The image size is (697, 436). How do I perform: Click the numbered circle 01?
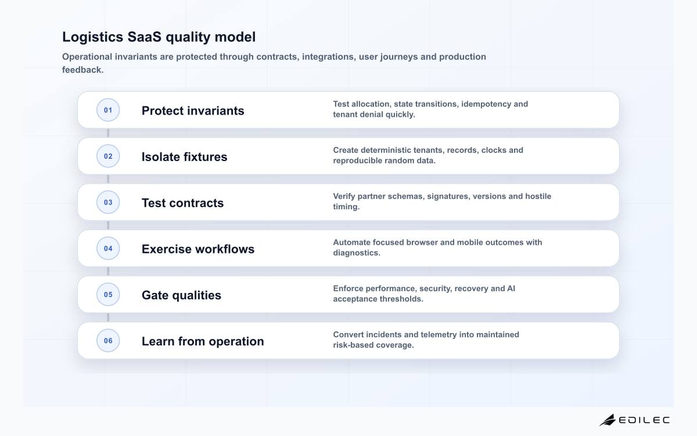[108, 110]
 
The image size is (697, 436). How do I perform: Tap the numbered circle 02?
[108, 156]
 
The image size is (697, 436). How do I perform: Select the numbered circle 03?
[108, 202]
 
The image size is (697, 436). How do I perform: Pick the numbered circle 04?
[108, 248]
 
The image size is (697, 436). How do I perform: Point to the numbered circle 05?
[108, 294]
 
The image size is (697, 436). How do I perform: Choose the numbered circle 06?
[108, 341]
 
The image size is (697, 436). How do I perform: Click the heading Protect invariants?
[193, 110]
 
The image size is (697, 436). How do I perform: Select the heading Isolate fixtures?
[185, 156]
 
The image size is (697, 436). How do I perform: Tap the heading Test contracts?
[182, 203]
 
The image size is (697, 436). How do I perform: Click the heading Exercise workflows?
[198, 249]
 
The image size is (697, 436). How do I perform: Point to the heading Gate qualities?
[181, 295]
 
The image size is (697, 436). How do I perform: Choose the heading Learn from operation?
[203, 341]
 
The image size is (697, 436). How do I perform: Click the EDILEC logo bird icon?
[608, 420]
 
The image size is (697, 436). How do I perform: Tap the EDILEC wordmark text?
[644, 420]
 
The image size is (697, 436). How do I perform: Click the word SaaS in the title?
[145, 37]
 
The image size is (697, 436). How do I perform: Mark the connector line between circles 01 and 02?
[108, 133]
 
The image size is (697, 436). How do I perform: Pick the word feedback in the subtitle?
[82, 70]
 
